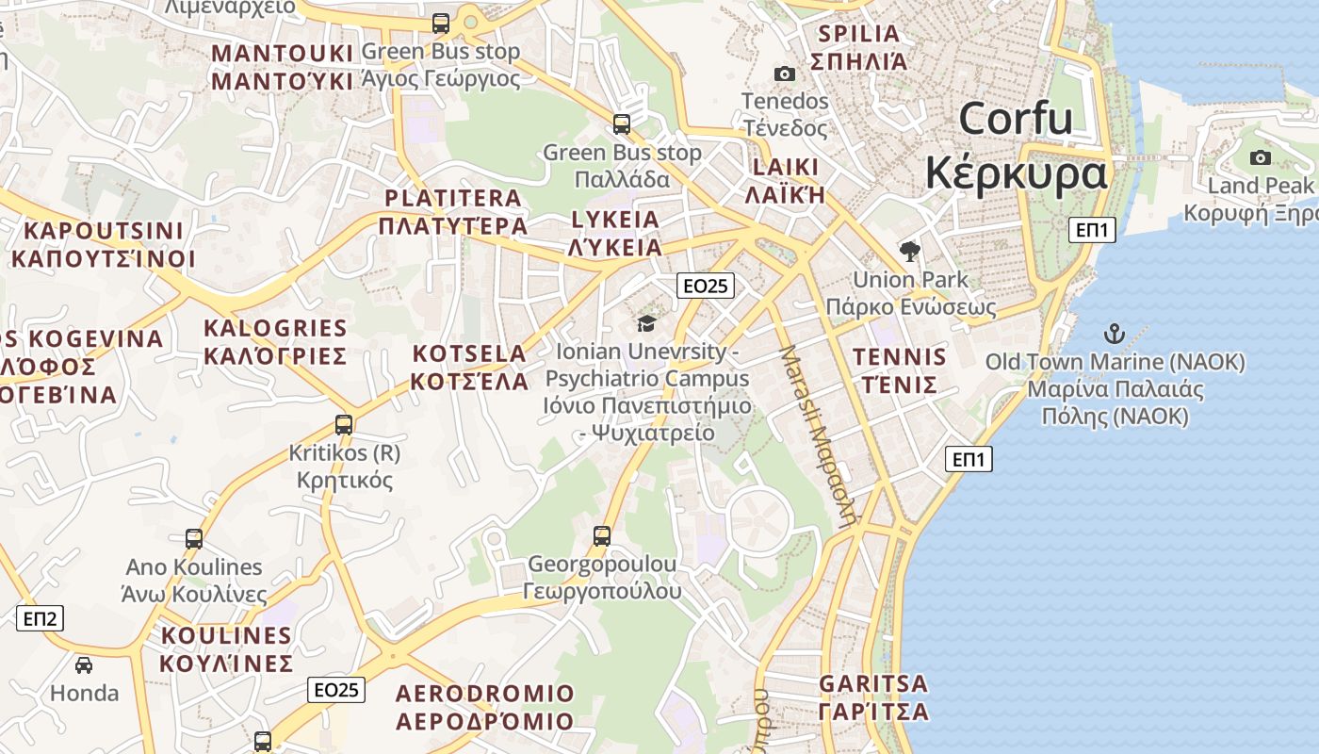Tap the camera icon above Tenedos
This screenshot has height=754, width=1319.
click(x=784, y=74)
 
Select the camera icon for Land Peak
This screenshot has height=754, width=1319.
click(x=1261, y=157)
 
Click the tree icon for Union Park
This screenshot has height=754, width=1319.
click(x=910, y=251)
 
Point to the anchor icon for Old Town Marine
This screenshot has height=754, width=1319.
click(x=1115, y=334)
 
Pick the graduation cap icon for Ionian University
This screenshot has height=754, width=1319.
click(x=646, y=324)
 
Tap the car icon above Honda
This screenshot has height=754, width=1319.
click(x=84, y=665)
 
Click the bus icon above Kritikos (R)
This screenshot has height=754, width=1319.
click(x=344, y=425)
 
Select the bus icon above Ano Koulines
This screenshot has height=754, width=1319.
click(x=194, y=539)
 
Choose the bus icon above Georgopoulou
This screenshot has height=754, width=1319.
click(x=602, y=536)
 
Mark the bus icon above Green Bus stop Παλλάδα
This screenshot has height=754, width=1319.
click(x=622, y=123)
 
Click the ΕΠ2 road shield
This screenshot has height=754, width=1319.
click(x=40, y=618)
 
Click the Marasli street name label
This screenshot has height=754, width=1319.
click(x=818, y=434)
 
